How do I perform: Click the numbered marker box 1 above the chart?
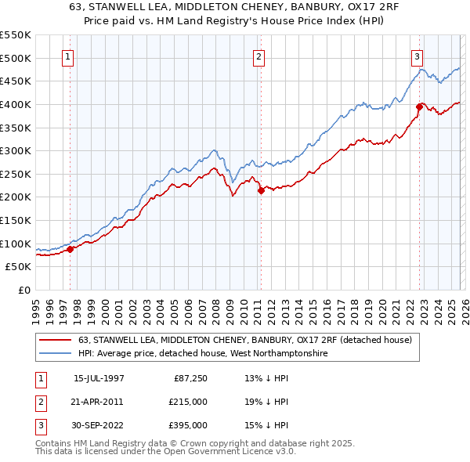(x=69, y=56)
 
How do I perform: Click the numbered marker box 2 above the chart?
(x=258, y=56)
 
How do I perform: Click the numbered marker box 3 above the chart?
(x=418, y=56)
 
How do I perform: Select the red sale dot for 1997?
(x=70, y=249)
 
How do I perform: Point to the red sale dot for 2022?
(x=420, y=106)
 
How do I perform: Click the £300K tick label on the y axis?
(x=16, y=150)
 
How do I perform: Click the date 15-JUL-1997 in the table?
(x=99, y=379)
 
